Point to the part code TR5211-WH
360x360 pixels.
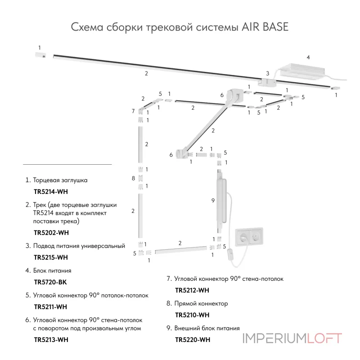tap(50, 307)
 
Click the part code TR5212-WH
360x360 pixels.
tap(192, 290)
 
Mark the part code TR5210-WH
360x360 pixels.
tap(192, 315)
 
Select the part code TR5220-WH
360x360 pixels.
tap(192, 339)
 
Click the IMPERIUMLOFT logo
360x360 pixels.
tap(292, 338)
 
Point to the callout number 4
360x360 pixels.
tap(308, 58)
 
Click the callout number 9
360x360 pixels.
tap(213, 201)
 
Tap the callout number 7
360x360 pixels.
tap(133, 111)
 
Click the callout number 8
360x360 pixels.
tap(133, 179)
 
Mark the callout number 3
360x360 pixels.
tap(267, 73)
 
